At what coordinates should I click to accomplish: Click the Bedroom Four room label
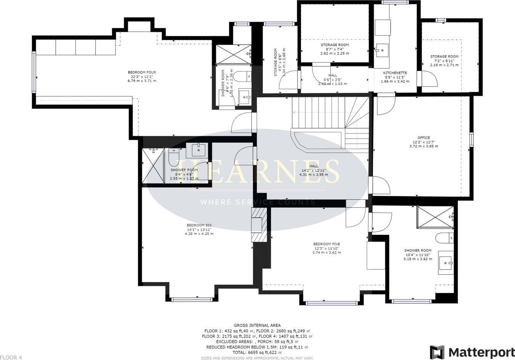(142, 72)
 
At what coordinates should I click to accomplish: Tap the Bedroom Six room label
(199, 225)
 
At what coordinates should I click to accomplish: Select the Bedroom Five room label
(326, 244)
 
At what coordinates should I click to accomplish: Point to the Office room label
(423, 138)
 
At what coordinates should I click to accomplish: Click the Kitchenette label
(395, 73)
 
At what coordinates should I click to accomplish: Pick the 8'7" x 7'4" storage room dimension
(334, 49)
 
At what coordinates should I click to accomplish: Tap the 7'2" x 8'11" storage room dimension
(444, 61)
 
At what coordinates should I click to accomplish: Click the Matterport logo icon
(437, 352)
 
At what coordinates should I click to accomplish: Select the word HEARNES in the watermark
(258, 172)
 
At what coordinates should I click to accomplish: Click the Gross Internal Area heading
(257, 325)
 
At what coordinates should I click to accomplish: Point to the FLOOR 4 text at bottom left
(11, 357)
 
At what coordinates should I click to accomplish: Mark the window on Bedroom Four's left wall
(34, 73)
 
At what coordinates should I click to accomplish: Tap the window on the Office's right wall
(472, 139)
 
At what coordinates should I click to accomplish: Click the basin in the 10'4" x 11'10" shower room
(446, 263)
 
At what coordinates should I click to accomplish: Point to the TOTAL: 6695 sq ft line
(257, 353)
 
